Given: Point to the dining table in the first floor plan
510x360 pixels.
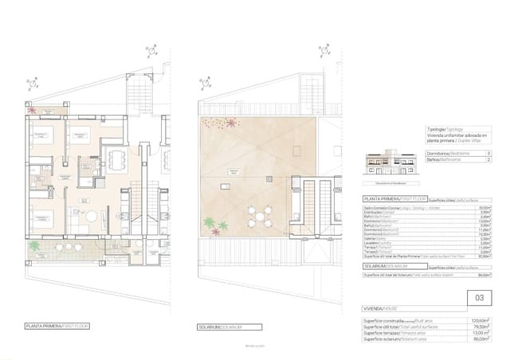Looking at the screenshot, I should pyautogui.click(x=118, y=158).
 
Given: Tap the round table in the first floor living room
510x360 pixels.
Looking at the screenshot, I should pyautogui.click(x=91, y=217).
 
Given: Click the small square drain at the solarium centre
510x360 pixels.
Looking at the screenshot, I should pyautogui.click(x=270, y=178).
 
